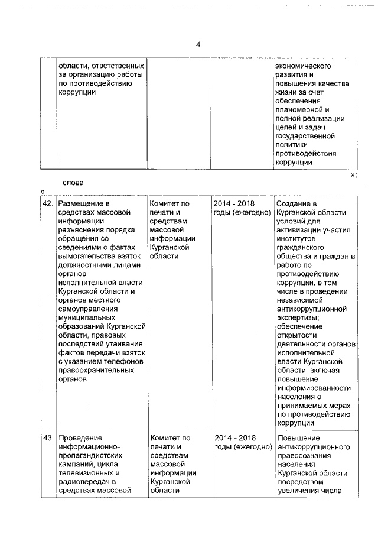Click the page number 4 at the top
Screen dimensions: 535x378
pyautogui.click(x=198, y=45)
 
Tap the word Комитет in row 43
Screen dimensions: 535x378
pyautogui.click(x=165, y=438)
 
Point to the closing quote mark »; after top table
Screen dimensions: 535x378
pyautogui.click(x=353, y=175)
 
